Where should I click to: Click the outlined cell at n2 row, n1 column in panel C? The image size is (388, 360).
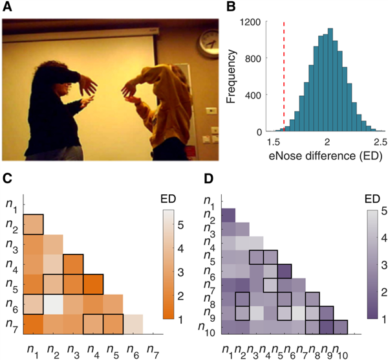[x=33, y=224]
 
